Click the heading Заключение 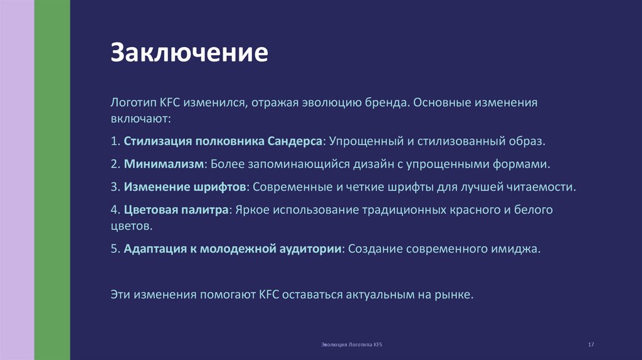pos(190,53)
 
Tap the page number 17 pos(591,346)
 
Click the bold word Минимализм pos(164,164)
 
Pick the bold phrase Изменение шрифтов pos(186,187)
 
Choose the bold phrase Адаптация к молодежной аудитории pos(233,248)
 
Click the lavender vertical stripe pos(17,180)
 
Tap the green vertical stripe pos(52,180)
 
